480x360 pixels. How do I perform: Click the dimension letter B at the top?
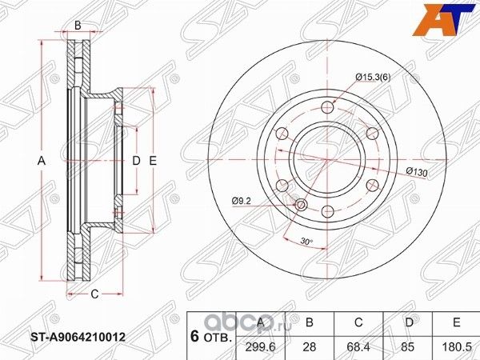pos(78,26)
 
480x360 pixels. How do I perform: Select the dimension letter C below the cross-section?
pos(94,294)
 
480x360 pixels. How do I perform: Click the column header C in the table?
pos(358,322)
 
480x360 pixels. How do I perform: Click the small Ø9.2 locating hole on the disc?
pos(302,206)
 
